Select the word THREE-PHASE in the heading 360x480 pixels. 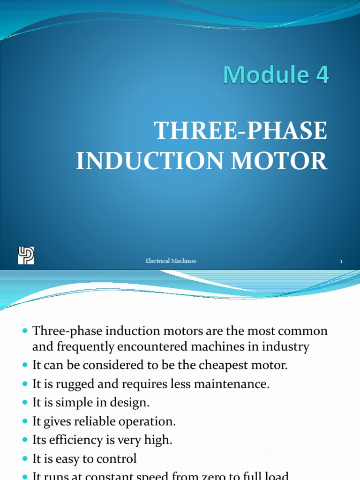(241, 131)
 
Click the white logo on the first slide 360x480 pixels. (26, 255)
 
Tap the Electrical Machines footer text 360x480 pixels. (171, 261)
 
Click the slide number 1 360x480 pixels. (341, 262)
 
